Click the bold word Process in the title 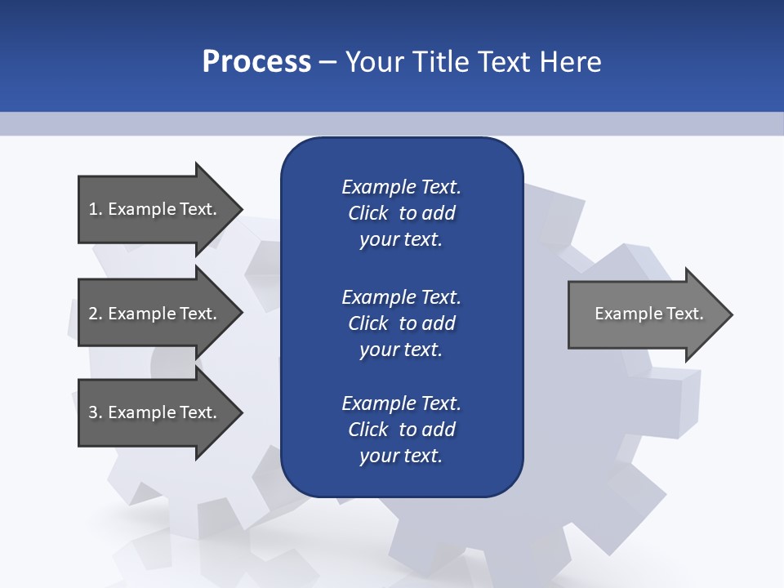point(256,62)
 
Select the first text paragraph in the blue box point(401,213)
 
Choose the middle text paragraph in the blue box point(401,323)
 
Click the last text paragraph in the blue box point(401,430)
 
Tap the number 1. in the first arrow point(96,209)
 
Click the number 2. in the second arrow point(96,314)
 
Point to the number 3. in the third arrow point(96,412)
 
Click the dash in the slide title point(328,63)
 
